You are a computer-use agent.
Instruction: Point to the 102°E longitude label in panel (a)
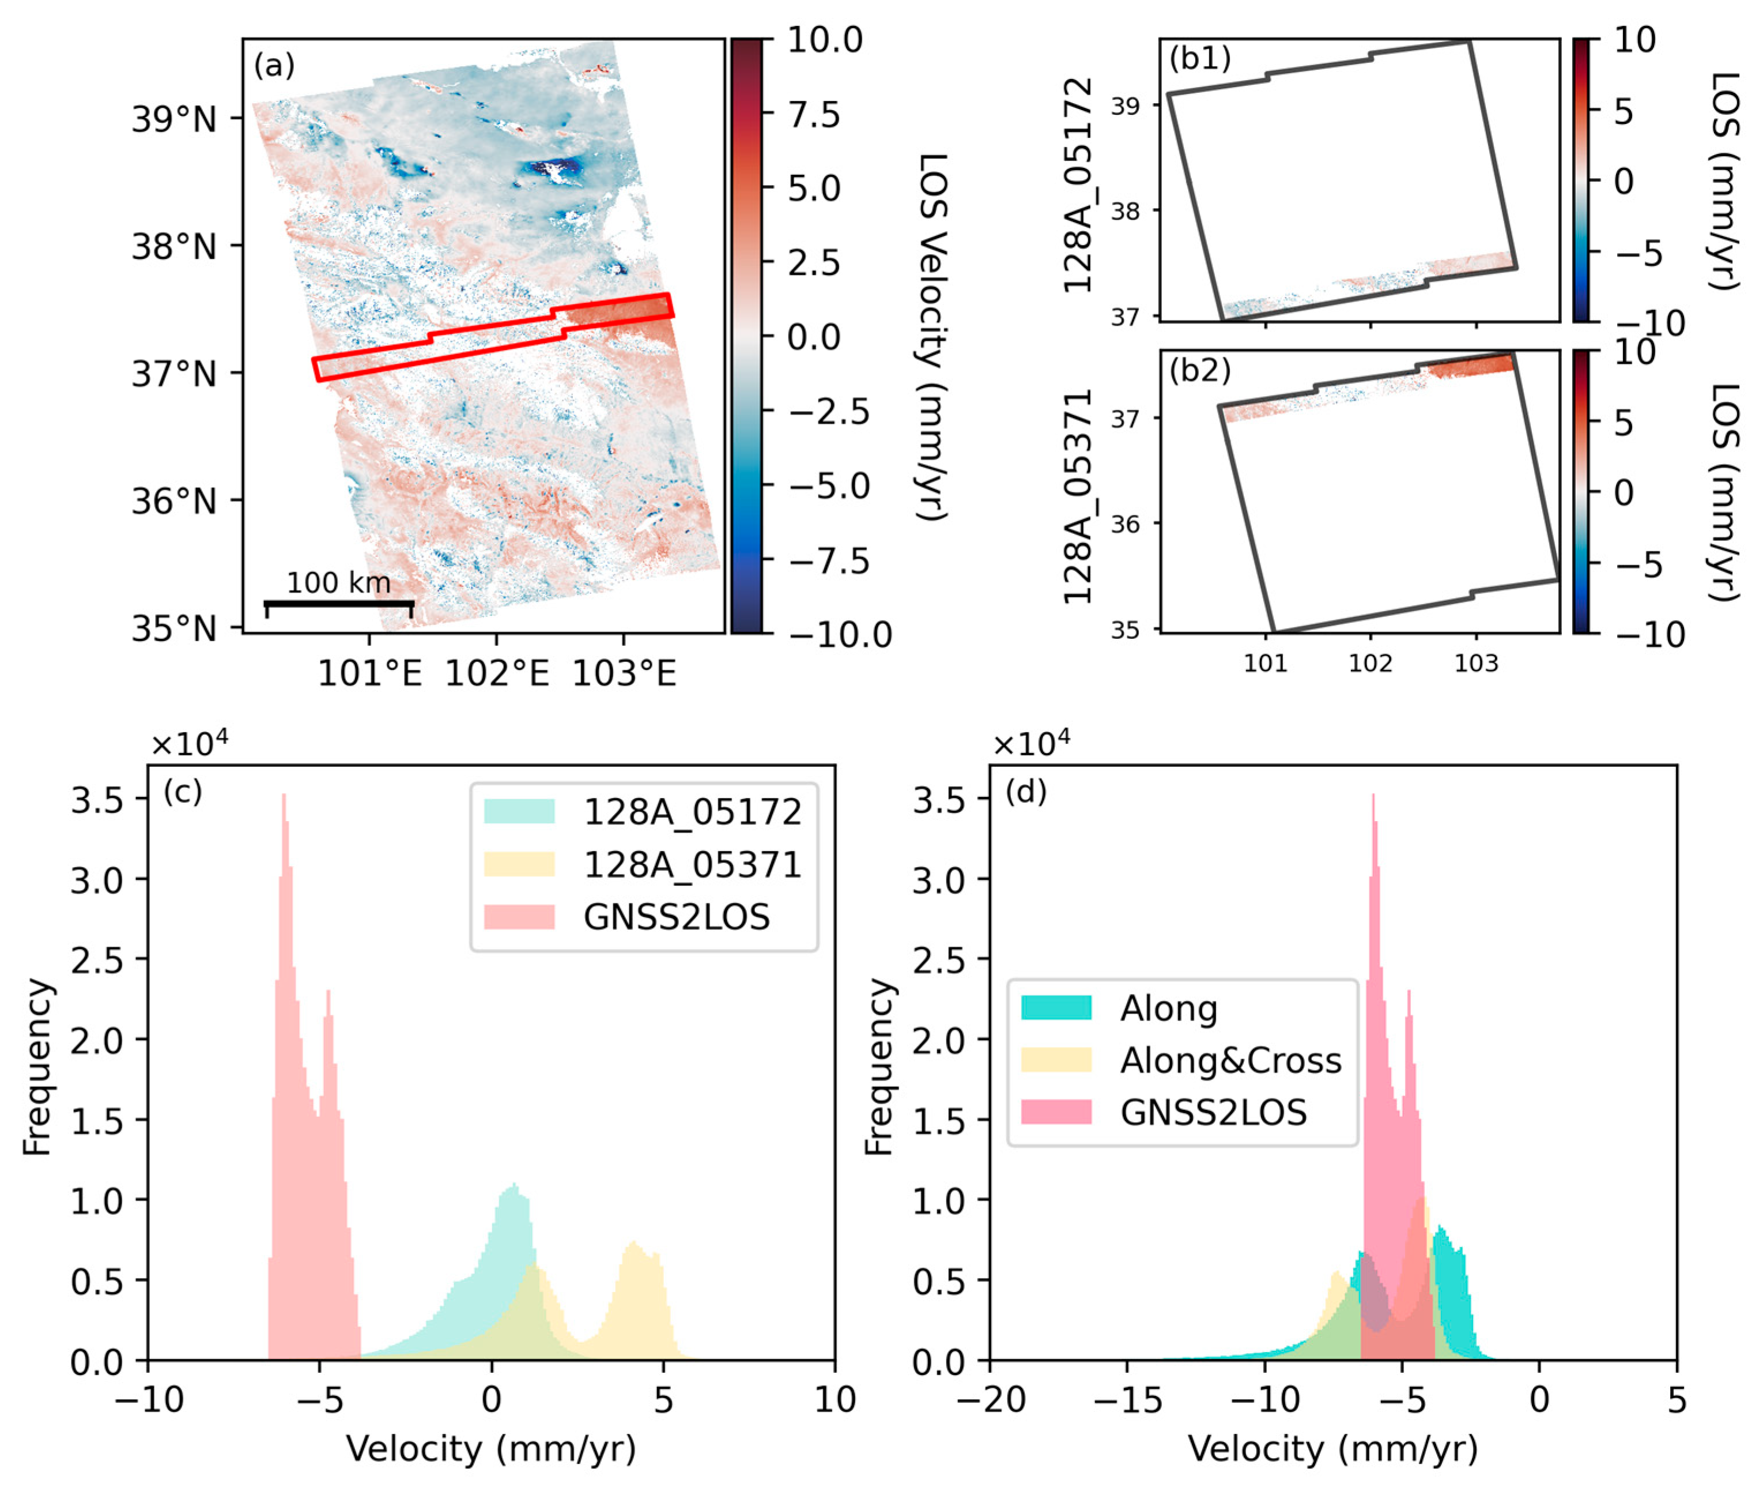click(496, 673)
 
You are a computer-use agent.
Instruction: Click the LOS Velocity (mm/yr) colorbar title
click(932, 337)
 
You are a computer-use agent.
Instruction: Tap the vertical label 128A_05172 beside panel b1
click(1078, 186)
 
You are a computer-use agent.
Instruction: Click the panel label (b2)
click(1200, 370)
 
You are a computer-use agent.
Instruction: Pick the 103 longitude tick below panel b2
click(1475, 664)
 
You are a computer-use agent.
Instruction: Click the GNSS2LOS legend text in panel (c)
click(676, 917)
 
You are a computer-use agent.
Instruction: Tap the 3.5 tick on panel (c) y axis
click(97, 800)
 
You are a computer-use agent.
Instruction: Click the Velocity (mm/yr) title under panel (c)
click(490, 1449)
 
